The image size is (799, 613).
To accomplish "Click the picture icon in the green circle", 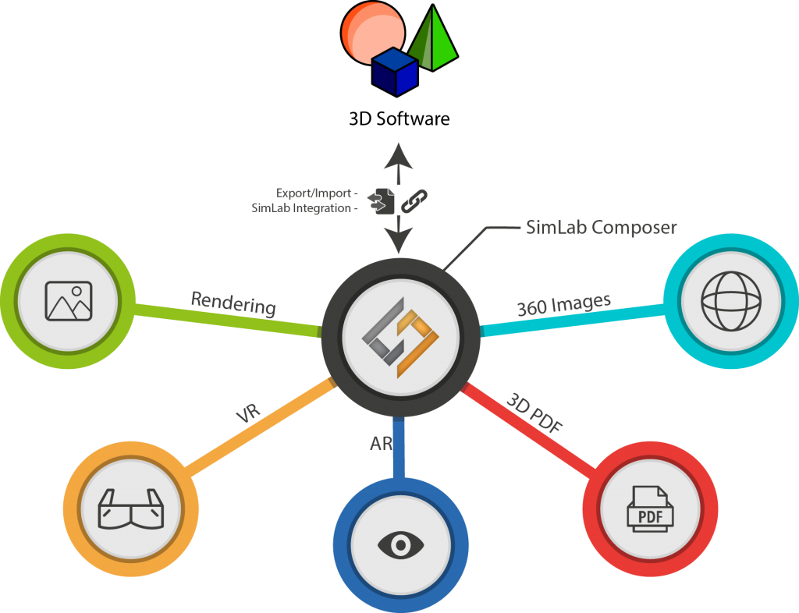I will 69,301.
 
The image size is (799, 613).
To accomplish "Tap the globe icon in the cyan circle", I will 730,300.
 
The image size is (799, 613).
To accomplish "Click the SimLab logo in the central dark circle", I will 400,337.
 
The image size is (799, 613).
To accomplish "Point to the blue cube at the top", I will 394,71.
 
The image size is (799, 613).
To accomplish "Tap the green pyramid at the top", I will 435,43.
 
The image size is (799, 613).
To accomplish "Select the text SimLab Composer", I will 598,228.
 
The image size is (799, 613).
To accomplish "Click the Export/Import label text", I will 316,193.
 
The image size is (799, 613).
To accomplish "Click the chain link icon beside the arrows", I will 414,200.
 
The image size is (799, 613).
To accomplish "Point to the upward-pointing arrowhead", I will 399,153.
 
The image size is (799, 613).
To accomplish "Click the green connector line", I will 226,321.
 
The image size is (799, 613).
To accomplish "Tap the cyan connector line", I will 574,320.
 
